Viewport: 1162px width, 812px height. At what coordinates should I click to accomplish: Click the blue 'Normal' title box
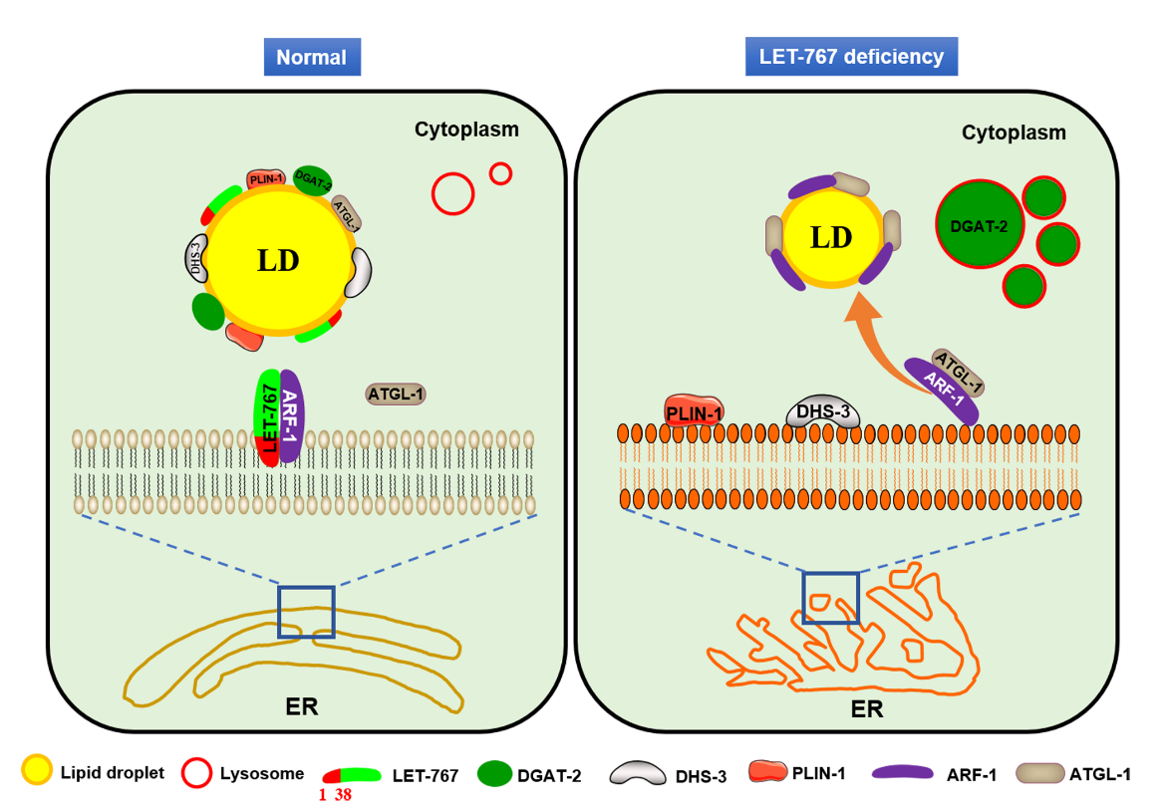coord(311,57)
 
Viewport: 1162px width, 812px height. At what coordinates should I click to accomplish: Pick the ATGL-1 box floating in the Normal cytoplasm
coord(397,395)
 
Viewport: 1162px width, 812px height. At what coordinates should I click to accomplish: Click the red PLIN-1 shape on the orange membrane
coord(694,409)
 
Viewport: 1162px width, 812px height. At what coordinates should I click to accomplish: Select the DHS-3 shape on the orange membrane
coord(823,412)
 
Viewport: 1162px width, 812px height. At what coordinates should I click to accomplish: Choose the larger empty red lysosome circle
coord(452,192)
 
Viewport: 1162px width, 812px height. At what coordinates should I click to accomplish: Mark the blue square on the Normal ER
coord(306,611)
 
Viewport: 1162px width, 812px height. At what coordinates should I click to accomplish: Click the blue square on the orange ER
coord(831,598)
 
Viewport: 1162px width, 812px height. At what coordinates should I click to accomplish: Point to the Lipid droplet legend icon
coord(38,771)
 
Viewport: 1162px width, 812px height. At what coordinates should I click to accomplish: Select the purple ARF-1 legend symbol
coord(907,772)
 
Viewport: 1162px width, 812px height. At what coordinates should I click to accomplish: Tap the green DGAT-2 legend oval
coord(495,773)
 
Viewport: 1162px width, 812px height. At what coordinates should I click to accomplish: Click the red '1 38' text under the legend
coord(336,795)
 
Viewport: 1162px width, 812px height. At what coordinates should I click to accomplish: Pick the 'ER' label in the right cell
coord(866,709)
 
